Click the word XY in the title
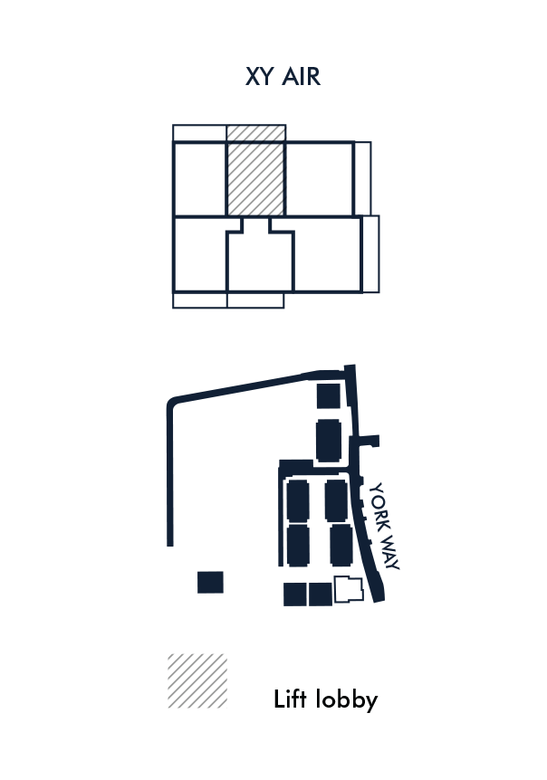(259, 77)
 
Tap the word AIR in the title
(302, 77)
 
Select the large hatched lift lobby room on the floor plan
(255, 179)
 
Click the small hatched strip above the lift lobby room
(256, 133)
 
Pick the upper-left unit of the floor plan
(199, 179)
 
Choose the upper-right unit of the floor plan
(319, 179)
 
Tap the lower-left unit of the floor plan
(200, 253)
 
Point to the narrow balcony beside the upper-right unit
(363, 178)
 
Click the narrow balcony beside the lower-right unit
(370, 254)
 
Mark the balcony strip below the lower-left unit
(199, 300)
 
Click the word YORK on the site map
(379, 507)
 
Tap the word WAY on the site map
(389, 552)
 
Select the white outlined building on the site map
(349, 589)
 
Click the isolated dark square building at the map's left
(210, 582)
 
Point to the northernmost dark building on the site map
(329, 396)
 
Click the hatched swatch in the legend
(197, 680)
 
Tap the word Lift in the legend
(290, 699)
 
